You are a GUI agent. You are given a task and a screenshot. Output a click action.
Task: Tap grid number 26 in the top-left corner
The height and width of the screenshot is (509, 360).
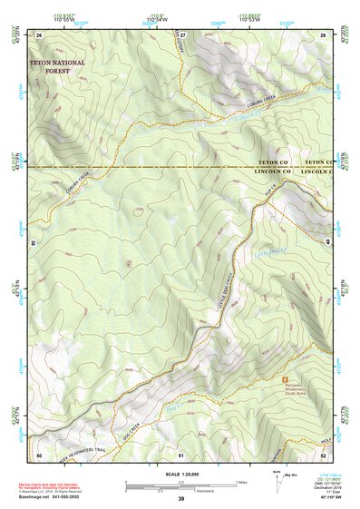40,34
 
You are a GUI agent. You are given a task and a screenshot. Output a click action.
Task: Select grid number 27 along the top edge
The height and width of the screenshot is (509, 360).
182,34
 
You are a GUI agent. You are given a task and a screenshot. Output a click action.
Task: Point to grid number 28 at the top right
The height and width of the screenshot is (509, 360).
322,34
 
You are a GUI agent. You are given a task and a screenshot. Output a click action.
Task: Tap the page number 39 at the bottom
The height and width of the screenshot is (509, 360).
180,499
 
